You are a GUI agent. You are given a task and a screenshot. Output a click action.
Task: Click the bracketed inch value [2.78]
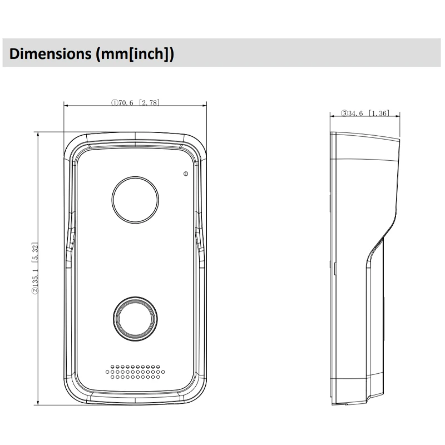[150, 102]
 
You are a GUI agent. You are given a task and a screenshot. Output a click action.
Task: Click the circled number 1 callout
[113, 102]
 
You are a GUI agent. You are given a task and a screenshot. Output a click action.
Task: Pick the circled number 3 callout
[345, 113]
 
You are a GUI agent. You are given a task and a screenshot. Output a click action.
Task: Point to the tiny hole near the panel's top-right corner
[185, 174]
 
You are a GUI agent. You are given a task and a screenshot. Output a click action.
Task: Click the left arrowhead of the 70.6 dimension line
[66, 105]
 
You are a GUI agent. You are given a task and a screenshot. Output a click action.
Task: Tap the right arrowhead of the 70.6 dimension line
[205, 105]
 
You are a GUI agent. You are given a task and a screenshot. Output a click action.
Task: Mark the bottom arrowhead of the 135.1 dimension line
[38, 400]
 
